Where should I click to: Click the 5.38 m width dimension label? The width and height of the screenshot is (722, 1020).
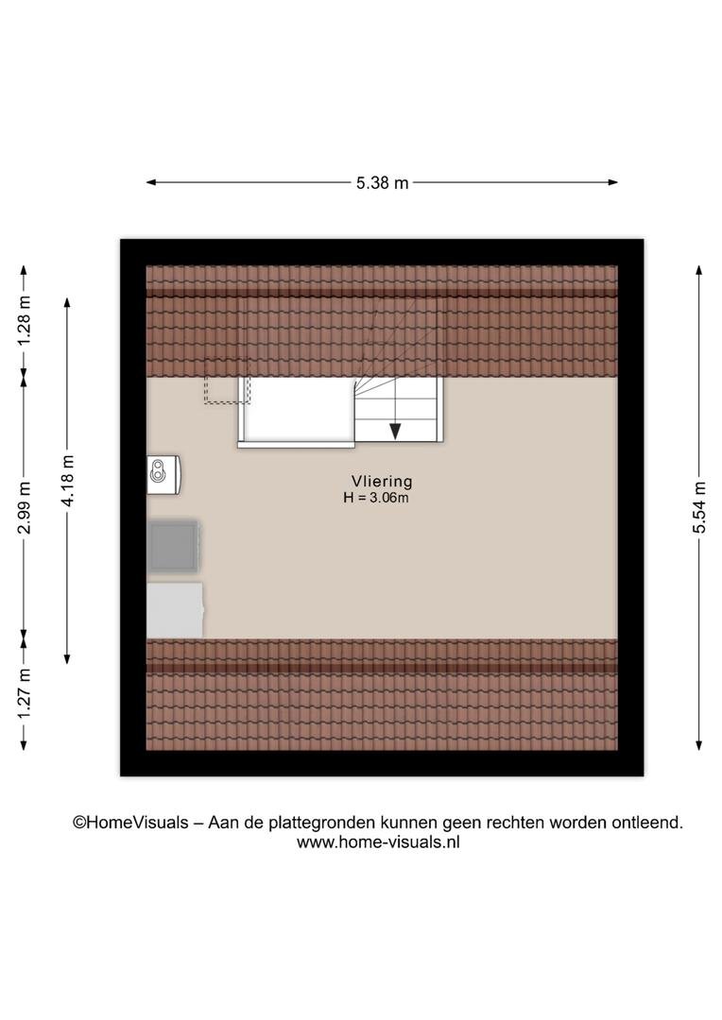(382, 183)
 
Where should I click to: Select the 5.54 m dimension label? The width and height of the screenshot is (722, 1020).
(699, 507)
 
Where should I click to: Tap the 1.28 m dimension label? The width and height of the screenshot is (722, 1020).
(24, 321)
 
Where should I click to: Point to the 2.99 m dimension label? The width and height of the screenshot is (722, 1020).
(24, 507)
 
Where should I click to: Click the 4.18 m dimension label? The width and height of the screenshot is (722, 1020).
(67, 481)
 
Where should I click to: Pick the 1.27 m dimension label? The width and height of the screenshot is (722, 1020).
(24, 694)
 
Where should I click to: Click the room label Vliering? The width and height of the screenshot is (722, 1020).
(382, 482)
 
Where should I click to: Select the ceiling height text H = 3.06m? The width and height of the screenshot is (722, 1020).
(376, 499)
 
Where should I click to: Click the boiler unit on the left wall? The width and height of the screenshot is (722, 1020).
(163, 475)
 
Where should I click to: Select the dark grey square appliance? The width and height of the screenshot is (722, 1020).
(173, 547)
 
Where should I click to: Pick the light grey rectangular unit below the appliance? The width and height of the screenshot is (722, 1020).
(175, 610)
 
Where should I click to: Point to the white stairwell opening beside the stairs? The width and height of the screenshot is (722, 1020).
(296, 410)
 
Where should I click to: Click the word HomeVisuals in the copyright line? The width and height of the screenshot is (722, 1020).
(137, 823)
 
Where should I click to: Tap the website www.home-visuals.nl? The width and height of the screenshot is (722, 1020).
(378, 842)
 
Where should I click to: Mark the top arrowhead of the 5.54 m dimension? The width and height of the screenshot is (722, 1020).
(699, 270)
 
